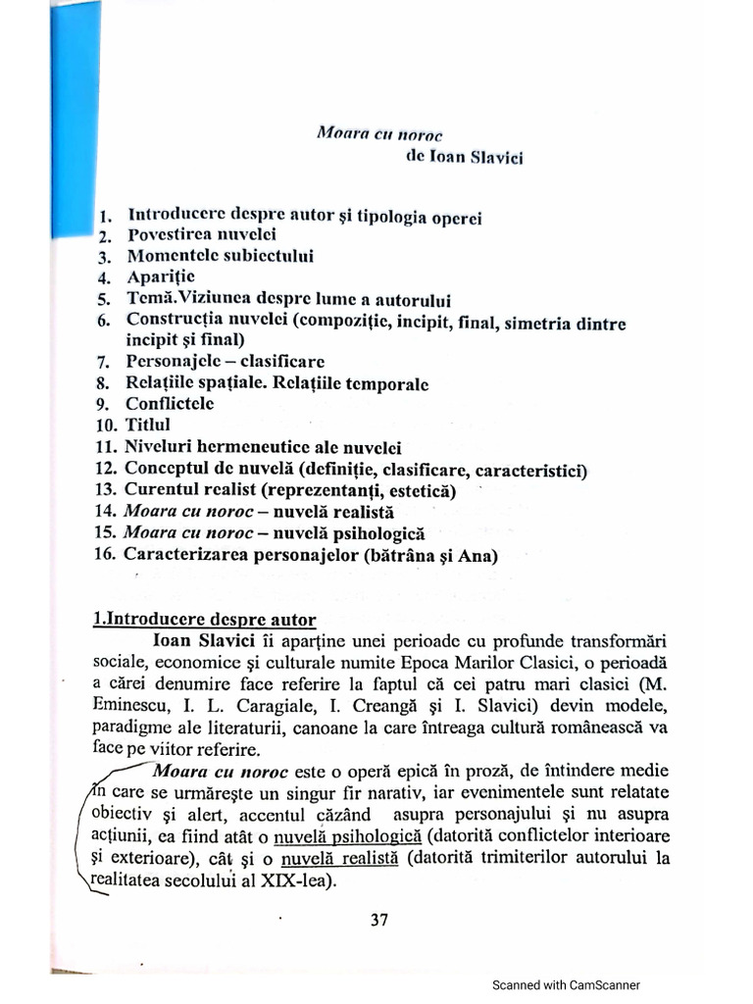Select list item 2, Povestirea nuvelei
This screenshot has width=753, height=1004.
coord(201,235)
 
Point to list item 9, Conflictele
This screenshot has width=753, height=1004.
coord(169,403)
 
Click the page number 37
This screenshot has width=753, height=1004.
coord(380,920)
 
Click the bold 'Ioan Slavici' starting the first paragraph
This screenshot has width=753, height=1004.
coord(204,641)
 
